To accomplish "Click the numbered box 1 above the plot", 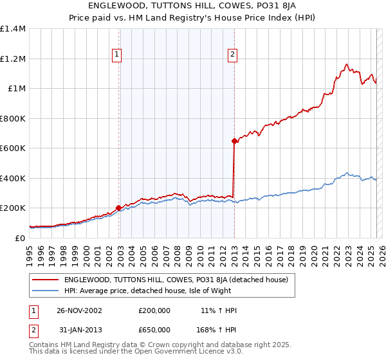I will tap(117, 55).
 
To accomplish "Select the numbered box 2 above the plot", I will tap(232, 55).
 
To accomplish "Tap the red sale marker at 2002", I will tap(119, 208).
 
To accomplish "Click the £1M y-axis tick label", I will tap(17, 89).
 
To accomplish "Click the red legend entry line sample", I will tap(46, 280).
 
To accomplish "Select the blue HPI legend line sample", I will tap(46, 291).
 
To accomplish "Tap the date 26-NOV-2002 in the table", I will tap(79, 310).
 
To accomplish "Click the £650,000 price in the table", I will tap(154, 330).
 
